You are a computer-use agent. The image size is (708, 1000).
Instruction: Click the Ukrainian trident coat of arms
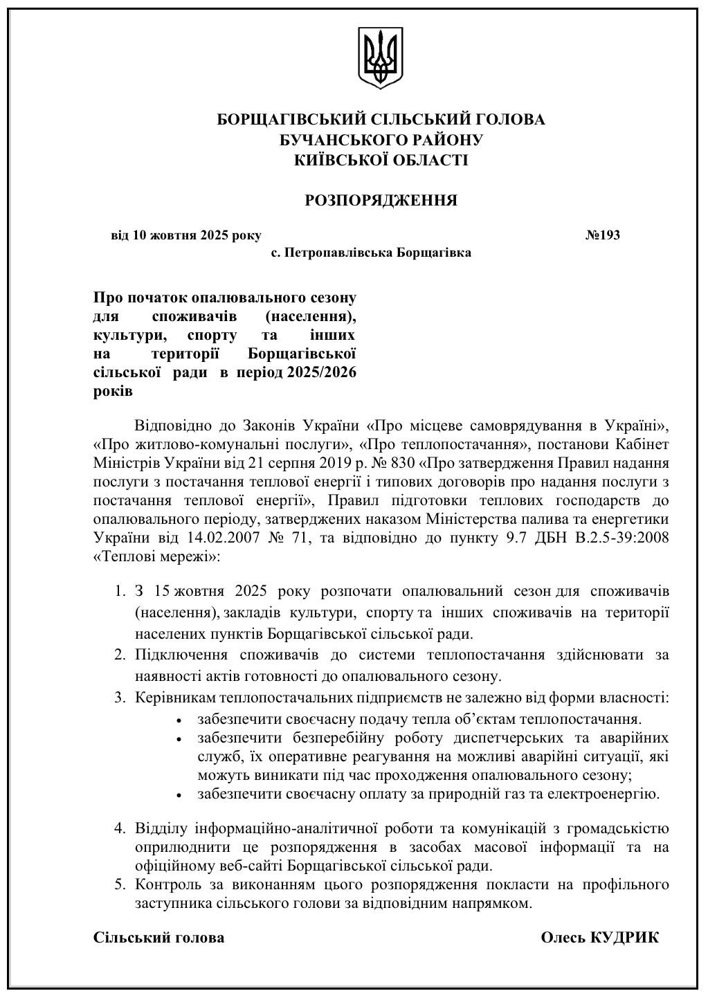coord(381,58)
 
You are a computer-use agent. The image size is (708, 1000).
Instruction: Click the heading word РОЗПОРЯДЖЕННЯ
coord(381,201)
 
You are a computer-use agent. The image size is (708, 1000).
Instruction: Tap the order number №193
coord(602,235)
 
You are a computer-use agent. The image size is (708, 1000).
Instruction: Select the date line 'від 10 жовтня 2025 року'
coord(186,235)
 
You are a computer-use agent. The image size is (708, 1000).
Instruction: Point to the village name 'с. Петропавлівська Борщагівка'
coord(371,253)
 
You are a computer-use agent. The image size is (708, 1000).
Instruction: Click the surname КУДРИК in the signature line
coord(624,938)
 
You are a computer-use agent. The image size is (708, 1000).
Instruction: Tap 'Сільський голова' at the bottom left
coord(158,938)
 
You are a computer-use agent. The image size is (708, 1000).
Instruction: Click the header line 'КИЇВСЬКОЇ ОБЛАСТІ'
coord(381,161)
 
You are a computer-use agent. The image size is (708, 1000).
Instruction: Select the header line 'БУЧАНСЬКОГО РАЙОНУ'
coord(381,140)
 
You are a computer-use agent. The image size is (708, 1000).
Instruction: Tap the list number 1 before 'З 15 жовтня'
coord(119,592)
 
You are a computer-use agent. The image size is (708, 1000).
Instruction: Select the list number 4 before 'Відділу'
coord(119,828)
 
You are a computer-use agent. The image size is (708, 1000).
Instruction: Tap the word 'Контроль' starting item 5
coord(165,884)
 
